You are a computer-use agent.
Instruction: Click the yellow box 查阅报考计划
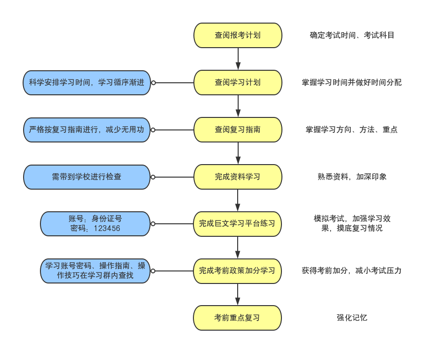[238, 35]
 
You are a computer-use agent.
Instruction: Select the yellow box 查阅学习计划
[238, 82]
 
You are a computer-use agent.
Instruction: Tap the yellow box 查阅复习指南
[238, 129]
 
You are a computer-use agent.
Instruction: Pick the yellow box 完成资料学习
[238, 177]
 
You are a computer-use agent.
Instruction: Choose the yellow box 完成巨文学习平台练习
[237, 224]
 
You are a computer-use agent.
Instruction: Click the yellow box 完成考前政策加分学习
[237, 271]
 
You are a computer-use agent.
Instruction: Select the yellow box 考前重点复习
[237, 318]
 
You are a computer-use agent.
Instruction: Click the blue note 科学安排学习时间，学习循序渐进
[87, 83]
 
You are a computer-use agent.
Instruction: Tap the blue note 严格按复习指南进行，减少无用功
[87, 130]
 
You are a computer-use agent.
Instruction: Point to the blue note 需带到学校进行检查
[87, 177]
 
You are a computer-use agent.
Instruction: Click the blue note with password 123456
[95, 224]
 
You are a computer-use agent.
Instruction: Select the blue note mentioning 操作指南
[95, 271]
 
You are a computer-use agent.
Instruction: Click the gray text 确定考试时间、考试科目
[352, 35]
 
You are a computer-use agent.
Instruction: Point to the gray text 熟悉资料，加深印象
[352, 177]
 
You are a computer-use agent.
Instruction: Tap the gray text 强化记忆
[352, 318]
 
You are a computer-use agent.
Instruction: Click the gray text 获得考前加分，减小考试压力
[352, 271]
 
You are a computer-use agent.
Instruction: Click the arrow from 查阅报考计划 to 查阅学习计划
[238, 59]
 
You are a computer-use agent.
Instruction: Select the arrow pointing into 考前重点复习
[238, 294]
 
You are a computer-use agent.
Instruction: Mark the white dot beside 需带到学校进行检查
[153, 177]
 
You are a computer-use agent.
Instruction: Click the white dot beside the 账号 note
[153, 224]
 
